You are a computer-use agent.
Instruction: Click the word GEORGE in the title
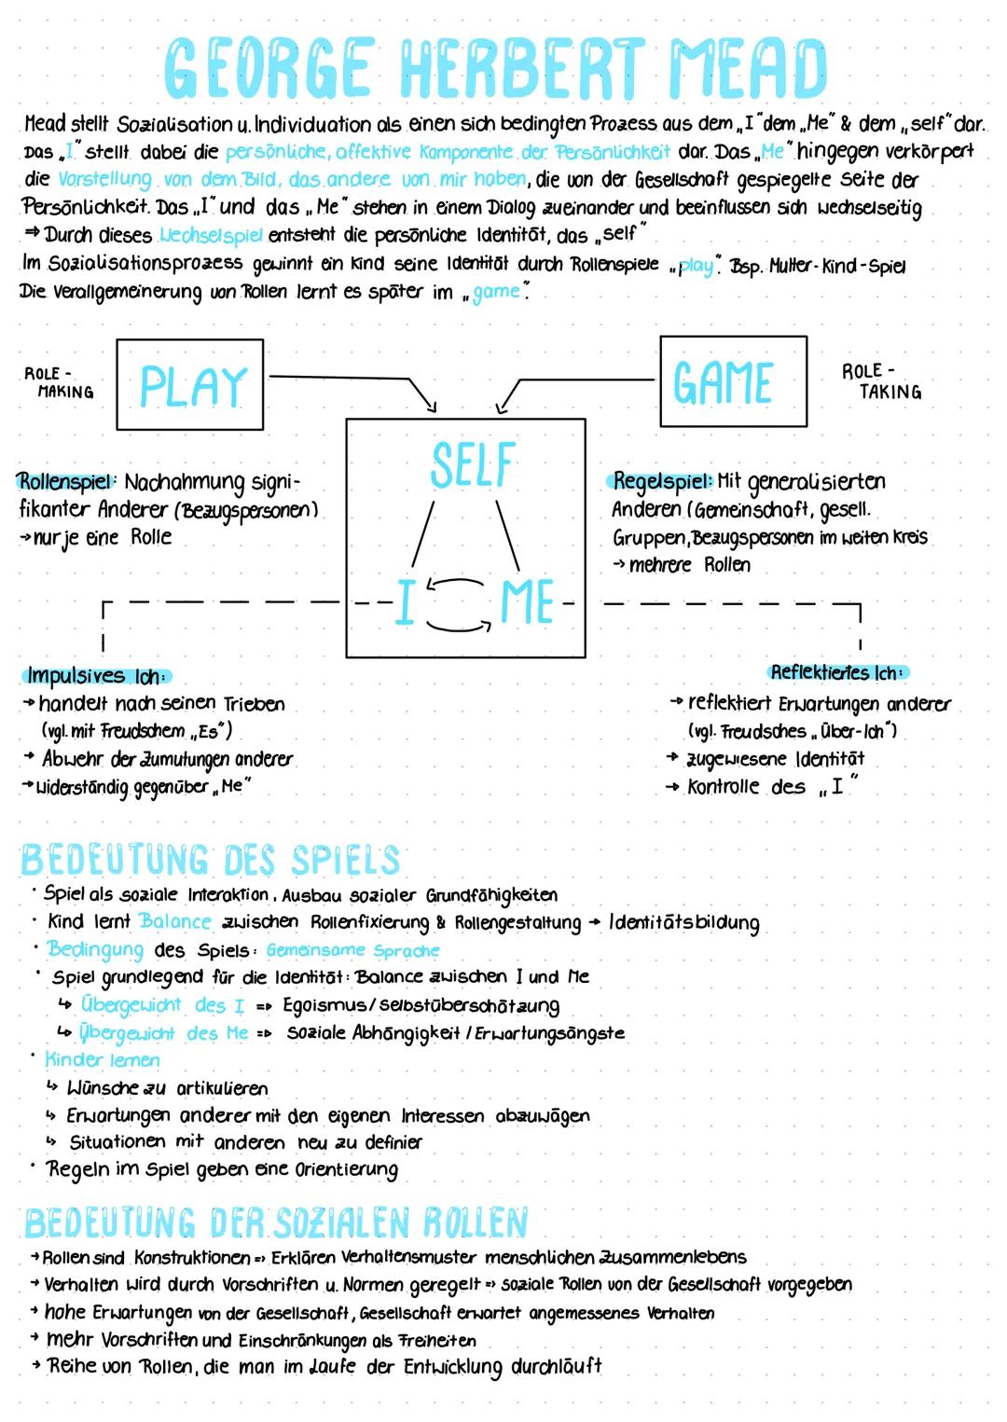coord(270,67)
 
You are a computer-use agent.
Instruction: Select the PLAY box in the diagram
coord(190,384)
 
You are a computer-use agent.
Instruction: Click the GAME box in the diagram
coord(733,381)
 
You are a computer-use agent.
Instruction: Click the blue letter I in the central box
coord(405,602)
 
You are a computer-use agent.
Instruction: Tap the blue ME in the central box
coord(528,602)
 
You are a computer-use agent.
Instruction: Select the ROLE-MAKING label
coord(60,382)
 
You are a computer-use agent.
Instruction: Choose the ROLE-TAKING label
coord(881,381)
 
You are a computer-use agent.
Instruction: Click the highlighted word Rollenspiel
coord(65,482)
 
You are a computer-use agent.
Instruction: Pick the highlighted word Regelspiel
coord(662,481)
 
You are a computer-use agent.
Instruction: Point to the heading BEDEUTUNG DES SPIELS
coord(211,860)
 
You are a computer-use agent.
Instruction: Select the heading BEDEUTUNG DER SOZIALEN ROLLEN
coord(276,1222)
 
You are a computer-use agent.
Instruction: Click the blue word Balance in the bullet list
coord(175,921)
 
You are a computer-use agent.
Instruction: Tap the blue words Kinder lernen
coord(103,1060)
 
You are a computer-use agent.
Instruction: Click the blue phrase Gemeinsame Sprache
coord(352,950)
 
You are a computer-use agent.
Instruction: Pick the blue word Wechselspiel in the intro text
coord(211,235)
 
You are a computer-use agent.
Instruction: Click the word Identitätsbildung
coord(683,923)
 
